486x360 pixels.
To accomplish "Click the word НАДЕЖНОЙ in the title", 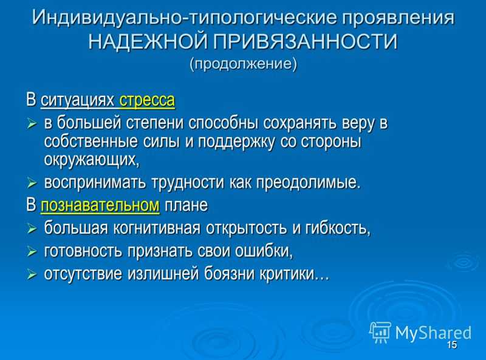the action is [148, 41].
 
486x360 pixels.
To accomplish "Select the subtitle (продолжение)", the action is [244, 64].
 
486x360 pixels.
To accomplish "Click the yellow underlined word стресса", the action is [147, 100].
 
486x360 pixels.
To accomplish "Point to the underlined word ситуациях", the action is [78, 100].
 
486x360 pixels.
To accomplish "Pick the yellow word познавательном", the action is [100, 205].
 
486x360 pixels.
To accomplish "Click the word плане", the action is [186, 205].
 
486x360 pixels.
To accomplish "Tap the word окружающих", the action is [92, 160].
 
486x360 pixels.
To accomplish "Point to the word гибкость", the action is [338, 228].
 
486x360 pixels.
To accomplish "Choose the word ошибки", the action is [264, 251].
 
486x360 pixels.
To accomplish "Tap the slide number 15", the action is [452, 345].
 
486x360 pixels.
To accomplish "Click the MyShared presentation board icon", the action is [380, 332].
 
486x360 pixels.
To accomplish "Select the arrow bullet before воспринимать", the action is [32, 183].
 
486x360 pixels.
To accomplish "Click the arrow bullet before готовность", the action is [32, 252].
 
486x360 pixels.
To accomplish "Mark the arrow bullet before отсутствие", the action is [32, 274].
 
